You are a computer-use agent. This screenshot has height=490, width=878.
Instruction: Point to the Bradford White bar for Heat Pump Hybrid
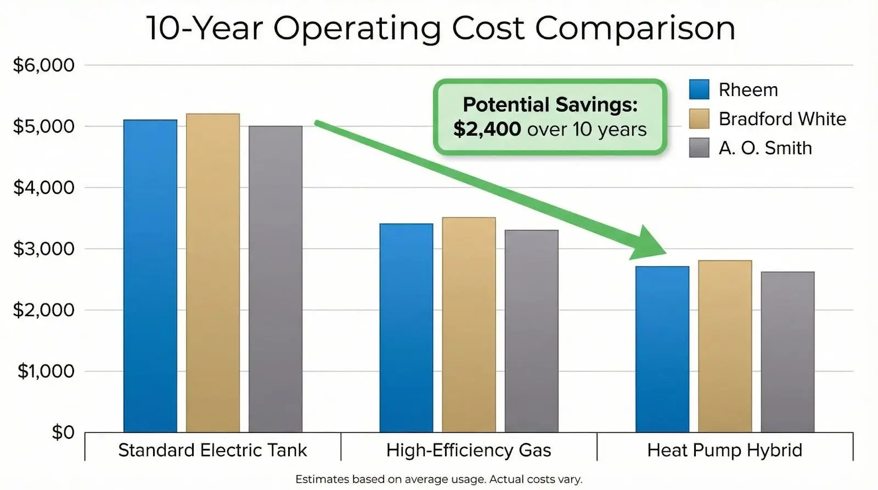pos(725,346)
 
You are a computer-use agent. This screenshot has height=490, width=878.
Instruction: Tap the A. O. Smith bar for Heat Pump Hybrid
pos(787,352)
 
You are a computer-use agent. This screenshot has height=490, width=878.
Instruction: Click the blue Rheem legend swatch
pos(699,89)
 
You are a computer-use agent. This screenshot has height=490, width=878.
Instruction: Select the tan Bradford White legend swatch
pos(699,119)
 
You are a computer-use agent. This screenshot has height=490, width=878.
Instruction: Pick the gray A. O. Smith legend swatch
pos(699,148)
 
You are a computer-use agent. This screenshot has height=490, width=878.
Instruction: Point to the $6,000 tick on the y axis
pos(44,65)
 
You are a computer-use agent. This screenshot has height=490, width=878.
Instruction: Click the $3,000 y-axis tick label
pos(44,249)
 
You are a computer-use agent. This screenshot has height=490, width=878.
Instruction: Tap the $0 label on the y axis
pos(63,432)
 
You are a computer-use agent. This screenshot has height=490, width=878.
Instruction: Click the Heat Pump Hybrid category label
pos(724,450)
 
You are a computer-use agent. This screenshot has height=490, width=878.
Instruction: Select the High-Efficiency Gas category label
pos(469,450)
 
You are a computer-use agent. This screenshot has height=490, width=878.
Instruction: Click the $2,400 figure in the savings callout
pos(487,129)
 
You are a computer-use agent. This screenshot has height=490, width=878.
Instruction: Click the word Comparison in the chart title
pos(635,28)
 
